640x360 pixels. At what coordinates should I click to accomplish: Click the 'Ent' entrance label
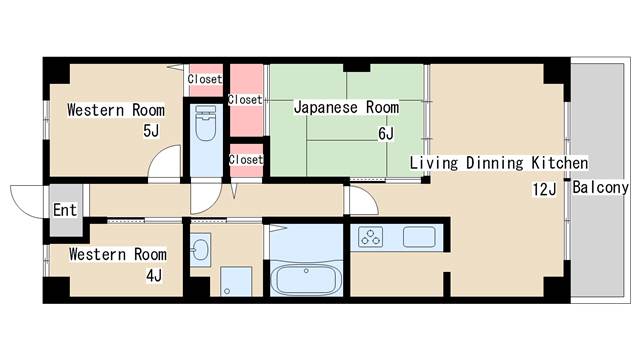click(x=64, y=210)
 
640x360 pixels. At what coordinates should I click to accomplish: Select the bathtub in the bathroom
click(x=305, y=277)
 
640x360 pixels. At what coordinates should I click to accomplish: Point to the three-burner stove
click(x=372, y=237)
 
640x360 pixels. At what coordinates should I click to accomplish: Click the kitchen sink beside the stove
click(x=418, y=237)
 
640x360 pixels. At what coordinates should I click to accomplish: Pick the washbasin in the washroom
click(x=200, y=248)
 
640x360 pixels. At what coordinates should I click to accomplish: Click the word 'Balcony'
click(x=600, y=187)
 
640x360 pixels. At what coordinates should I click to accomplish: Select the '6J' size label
click(x=386, y=133)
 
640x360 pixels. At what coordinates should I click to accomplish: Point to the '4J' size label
click(x=153, y=274)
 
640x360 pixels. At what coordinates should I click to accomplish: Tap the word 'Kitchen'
click(x=558, y=163)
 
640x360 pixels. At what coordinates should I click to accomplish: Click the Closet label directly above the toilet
click(x=205, y=79)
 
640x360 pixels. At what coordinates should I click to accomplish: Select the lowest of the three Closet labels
click(x=245, y=159)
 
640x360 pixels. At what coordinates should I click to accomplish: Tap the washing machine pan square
click(x=237, y=282)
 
